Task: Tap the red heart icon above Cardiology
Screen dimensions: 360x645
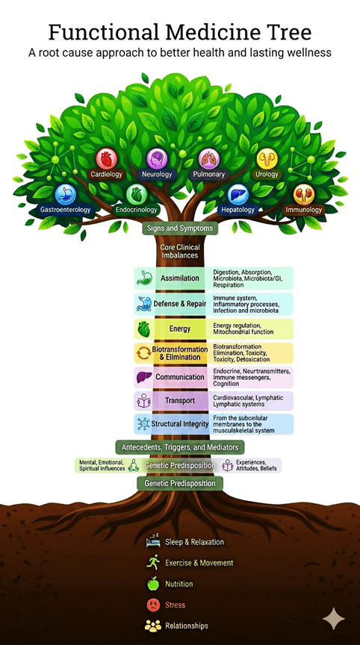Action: pyautogui.click(x=107, y=158)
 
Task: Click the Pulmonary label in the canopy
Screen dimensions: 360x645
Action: pyautogui.click(x=209, y=174)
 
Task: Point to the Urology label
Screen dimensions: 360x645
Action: pyautogui.click(x=267, y=174)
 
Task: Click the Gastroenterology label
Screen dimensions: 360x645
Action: pyautogui.click(x=66, y=209)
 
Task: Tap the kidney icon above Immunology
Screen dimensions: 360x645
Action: pyautogui.click(x=304, y=194)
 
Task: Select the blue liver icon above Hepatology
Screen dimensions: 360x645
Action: pyautogui.click(x=238, y=194)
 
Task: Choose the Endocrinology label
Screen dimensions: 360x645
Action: pyautogui.click(x=137, y=210)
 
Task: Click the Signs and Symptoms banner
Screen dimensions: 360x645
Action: pyautogui.click(x=180, y=228)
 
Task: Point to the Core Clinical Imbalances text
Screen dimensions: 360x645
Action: pyautogui.click(x=180, y=252)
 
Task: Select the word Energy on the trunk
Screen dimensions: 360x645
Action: pyautogui.click(x=180, y=328)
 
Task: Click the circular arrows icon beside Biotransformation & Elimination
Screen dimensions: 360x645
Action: pyautogui.click(x=143, y=353)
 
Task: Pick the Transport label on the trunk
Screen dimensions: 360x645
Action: pyautogui.click(x=180, y=400)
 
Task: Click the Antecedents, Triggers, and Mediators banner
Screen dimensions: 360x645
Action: pyautogui.click(x=180, y=447)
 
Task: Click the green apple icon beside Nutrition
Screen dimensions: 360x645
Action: pyautogui.click(x=153, y=583)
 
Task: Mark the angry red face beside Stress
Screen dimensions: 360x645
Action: pyautogui.click(x=153, y=605)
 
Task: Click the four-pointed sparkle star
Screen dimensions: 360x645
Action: pyautogui.click(x=334, y=619)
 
